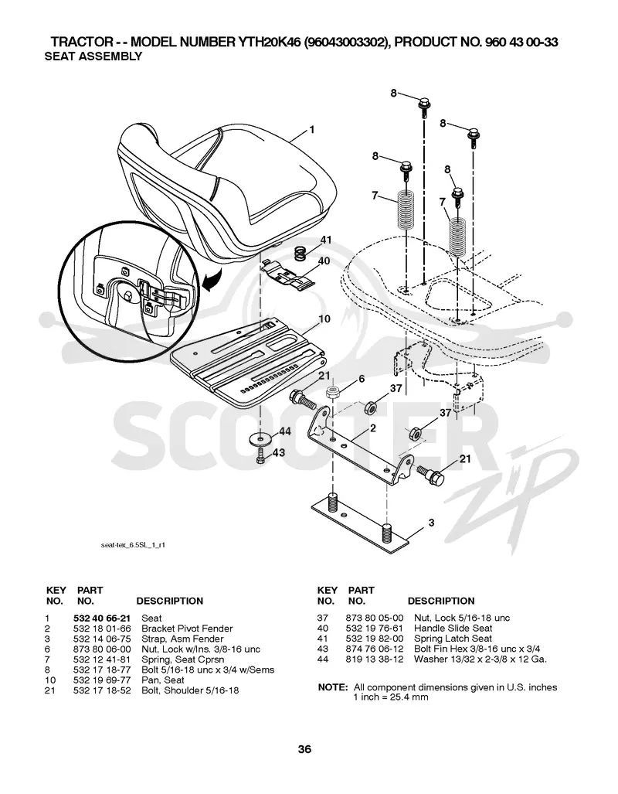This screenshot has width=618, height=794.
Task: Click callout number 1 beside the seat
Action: pos(312,130)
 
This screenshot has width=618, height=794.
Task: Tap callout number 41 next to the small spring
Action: pos(326,240)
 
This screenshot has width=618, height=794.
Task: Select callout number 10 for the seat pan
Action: pos(324,319)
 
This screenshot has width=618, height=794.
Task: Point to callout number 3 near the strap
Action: pos(431,522)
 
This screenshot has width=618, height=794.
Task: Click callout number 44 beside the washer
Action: pos(285,431)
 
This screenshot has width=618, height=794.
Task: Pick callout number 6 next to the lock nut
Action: pos(362,379)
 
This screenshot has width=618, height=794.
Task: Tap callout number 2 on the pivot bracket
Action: pos(373,428)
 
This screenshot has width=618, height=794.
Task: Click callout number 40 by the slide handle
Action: pos(324,261)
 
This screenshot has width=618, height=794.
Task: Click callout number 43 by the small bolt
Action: pos(279,452)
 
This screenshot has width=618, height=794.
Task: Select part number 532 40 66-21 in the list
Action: pos(102,618)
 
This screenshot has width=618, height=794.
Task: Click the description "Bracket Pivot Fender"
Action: pos(187,629)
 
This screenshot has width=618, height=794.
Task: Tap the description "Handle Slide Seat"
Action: pos(453,629)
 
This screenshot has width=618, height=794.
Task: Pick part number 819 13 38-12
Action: pos(375,659)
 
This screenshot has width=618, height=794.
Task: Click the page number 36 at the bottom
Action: pos(304,749)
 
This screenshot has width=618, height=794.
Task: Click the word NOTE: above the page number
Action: pos(332,687)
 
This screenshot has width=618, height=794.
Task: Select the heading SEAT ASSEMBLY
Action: pos(93,56)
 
